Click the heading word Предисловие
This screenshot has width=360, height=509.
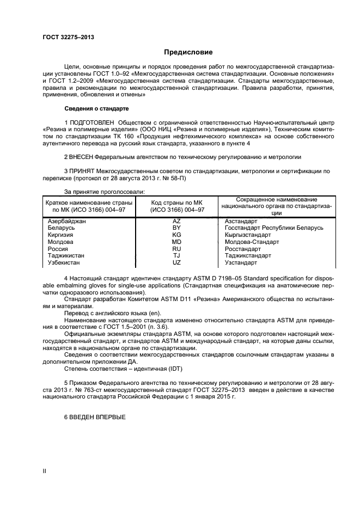[187, 52]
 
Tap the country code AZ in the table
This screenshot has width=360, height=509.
[176, 222]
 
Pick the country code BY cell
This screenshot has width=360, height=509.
[176, 228]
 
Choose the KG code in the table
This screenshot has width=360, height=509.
[176, 235]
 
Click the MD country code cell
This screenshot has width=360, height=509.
[176, 242]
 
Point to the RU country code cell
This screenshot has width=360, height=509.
[176, 249]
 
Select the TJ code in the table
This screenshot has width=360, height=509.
[176, 255]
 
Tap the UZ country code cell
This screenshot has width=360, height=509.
[176, 262]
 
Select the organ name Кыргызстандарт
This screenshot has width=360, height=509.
[248, 235]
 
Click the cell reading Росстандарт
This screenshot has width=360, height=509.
[243, 249]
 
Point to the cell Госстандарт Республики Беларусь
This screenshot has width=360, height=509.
[274, 228]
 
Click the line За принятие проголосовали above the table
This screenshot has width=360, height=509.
[105, 192]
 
